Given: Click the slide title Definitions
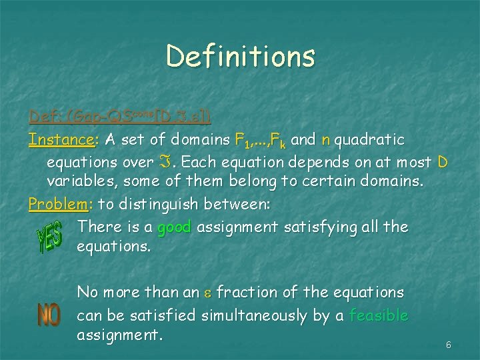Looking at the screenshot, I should click(240, 56).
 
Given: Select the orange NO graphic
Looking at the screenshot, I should click(49, 315).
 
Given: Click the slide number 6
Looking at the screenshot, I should click(449, 345).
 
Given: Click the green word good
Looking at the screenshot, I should click(174, 227).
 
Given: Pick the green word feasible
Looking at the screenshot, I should click(378, 315).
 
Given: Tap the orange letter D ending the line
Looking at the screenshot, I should click(443, 161).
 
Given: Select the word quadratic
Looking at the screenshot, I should click(370, 140).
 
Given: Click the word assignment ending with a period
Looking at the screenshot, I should click(119, 335).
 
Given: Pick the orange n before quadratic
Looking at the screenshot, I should click(326, 141).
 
